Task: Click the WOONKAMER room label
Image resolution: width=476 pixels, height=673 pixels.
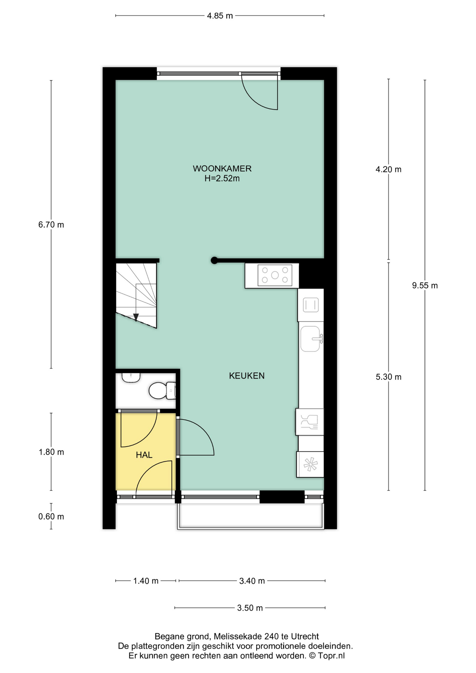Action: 222,169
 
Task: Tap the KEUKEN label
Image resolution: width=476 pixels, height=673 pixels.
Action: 247,376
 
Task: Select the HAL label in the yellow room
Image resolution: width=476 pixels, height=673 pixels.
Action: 144,455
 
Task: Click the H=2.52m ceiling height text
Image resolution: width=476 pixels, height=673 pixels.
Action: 222,178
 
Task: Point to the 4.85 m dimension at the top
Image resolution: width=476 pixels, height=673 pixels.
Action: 220,16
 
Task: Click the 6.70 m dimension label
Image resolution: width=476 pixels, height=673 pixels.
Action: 51,225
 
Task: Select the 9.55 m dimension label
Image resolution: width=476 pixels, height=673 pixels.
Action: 425,286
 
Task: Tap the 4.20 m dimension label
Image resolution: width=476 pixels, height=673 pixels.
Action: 388,170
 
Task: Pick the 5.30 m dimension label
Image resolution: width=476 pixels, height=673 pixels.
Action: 388,377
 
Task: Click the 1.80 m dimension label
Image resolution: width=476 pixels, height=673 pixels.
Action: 51,452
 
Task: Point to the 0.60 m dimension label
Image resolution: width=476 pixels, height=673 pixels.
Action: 51,517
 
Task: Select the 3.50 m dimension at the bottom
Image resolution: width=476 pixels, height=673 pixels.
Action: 250,608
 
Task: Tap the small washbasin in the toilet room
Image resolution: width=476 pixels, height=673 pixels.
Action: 131,378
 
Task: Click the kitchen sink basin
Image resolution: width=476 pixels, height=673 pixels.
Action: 311,339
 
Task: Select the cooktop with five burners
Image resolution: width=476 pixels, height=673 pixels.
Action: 275,275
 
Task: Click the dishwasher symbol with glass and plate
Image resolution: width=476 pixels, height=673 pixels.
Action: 310,422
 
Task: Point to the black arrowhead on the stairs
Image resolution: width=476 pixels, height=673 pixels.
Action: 136,317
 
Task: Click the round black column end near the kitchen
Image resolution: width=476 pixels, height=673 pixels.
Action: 214,260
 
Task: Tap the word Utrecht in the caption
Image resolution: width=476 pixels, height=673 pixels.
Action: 305,637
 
